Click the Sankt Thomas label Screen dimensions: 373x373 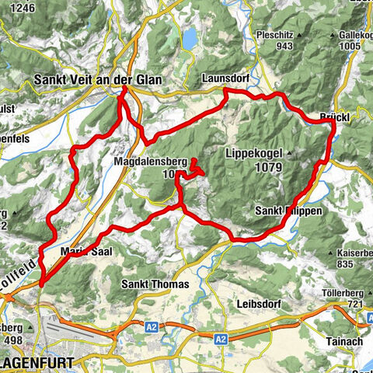pos(155,284)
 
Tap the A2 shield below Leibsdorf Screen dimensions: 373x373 pos(221,339)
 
